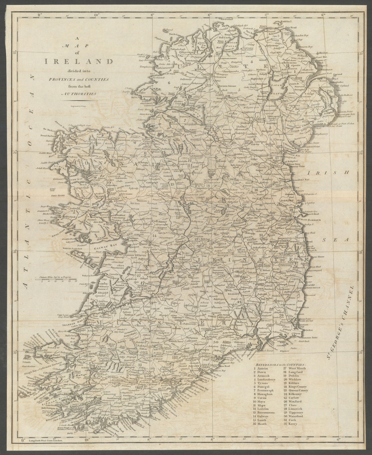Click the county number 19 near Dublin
pyautogui.click(x=291, y=210)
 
